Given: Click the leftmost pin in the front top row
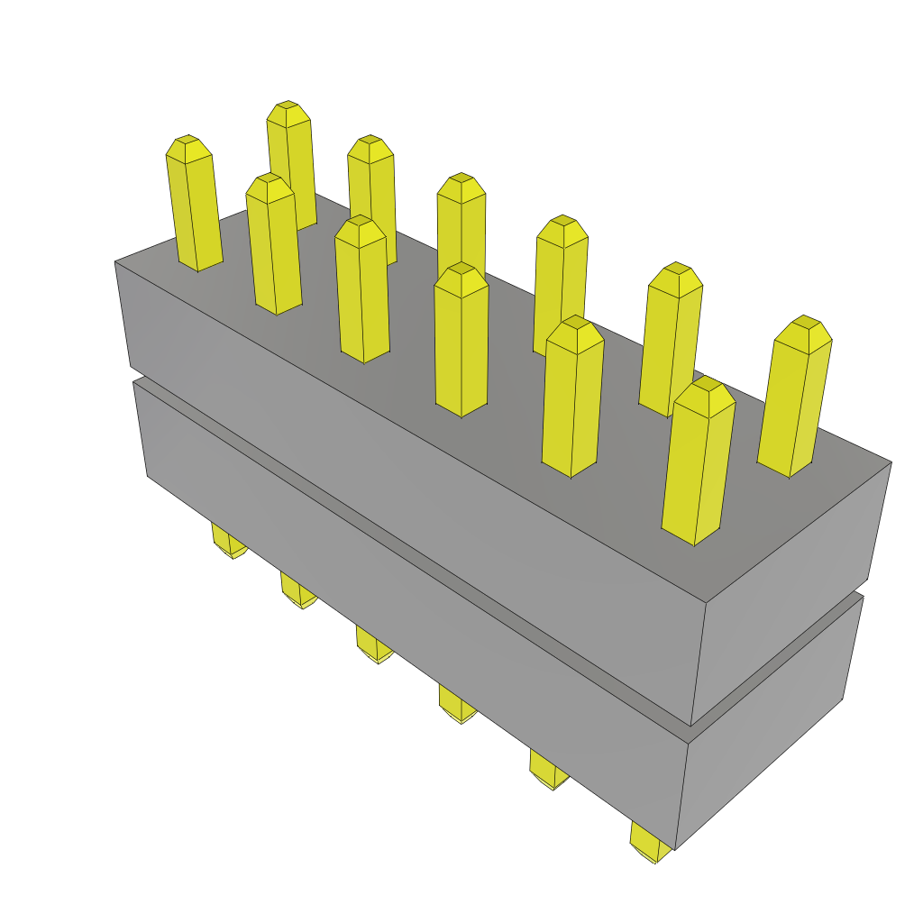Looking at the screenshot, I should pyautogui.click(x=194, y=206).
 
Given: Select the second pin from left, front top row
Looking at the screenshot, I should pyautogui.click(x=273, y=247).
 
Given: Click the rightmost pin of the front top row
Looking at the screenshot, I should pyautogui.click(x=698, y=464).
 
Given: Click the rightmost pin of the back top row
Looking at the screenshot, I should pyautogui.click(x=794, y=397).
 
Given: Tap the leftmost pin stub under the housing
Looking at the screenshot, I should pyautogui.click(x=227, y=541).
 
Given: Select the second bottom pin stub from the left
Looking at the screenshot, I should pyautogui.click(x=297, y=590).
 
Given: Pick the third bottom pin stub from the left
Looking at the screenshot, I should pyautogui.click(x=373, y=644).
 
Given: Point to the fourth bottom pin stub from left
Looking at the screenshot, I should pyautogui.click(x=456, y=703).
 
